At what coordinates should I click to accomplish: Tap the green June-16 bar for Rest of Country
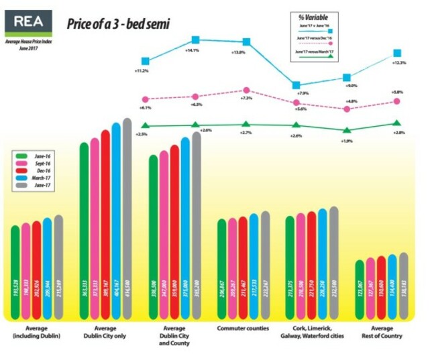[360, 288]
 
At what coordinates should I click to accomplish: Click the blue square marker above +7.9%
[296, 85]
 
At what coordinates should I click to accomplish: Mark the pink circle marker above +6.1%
[146, 99]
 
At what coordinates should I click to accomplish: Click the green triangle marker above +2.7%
[246, 123]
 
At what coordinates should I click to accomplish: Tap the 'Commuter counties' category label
[242, 328]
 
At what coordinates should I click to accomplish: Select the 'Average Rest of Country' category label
[382, 332]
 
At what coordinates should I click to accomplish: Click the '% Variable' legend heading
[313, 17]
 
